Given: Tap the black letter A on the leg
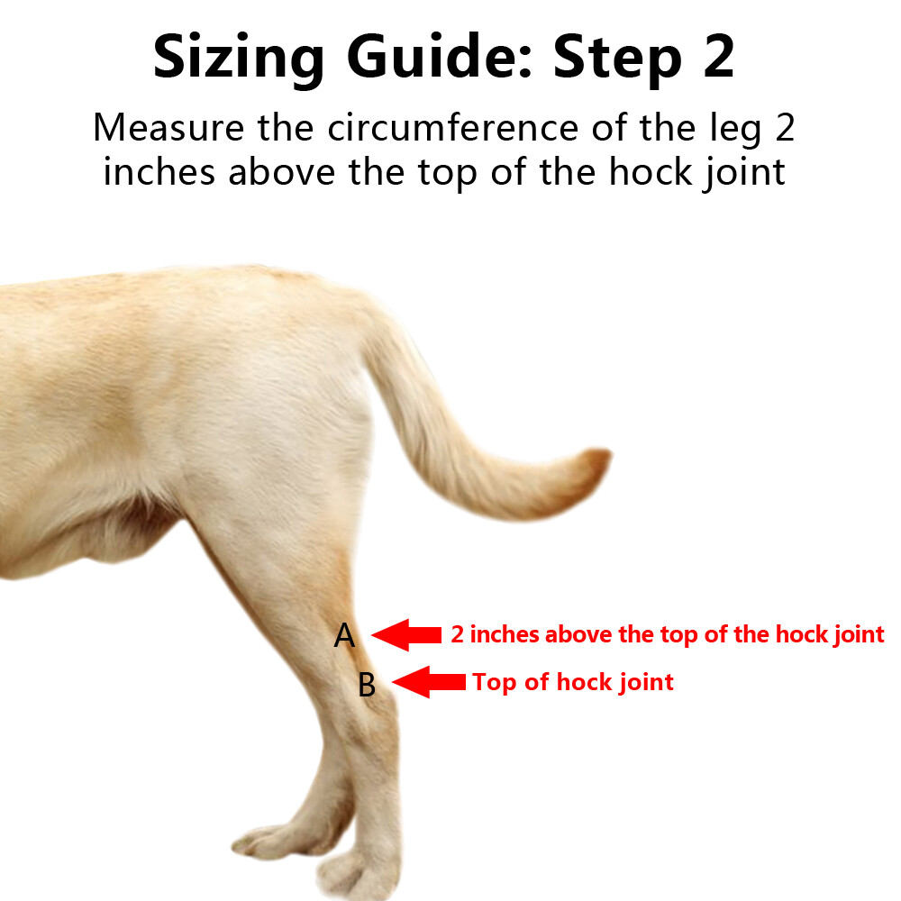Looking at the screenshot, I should coord(344,637).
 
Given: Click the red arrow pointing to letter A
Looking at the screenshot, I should coord(405,634).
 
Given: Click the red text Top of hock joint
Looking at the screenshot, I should coord(573,682).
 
